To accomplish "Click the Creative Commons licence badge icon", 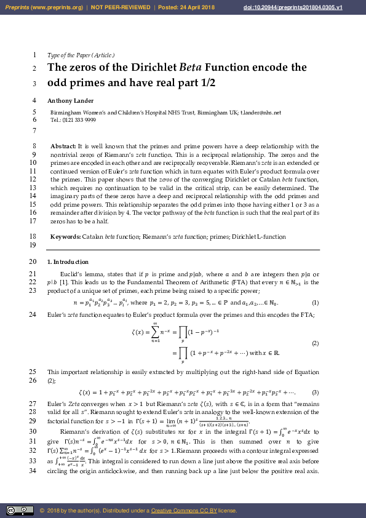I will (x=20, y=511).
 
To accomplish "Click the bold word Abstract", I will (x=63, y=146).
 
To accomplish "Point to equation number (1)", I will (x=315, y=303).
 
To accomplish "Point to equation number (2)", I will (x=315, y=343).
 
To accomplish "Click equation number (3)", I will (x=315, y=392).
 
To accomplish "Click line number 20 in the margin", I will (x=32, y=261).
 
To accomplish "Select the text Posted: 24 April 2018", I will (x=186, y=7).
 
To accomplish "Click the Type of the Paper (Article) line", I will (x=81, y=55).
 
